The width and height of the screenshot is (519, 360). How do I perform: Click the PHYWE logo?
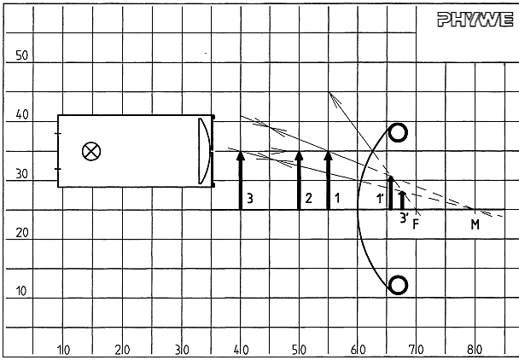point(475,19)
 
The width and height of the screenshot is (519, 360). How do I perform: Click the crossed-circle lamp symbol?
point(91,152)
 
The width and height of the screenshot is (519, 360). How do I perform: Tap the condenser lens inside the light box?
point(205,151)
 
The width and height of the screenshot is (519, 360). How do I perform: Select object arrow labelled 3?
point(241,180)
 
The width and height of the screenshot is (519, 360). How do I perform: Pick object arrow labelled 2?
point(299,180)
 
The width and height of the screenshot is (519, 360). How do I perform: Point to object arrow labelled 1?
point(328,180)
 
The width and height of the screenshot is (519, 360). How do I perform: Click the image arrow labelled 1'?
point(391,193)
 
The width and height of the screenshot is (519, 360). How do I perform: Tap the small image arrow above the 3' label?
point(403,200)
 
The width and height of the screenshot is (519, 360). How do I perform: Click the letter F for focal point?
point(416,224)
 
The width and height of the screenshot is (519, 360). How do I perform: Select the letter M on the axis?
point(475,224)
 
